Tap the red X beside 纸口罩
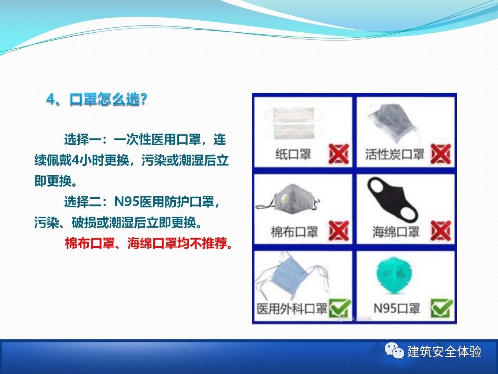pos(338,154)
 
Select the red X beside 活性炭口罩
pos(441,154)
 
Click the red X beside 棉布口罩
pos(338,231)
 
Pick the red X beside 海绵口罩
pos(441,231)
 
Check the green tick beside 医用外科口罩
pos(340,308)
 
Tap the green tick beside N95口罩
pos(442,308)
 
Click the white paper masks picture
pos(294,123)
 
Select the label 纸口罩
pos(293,154)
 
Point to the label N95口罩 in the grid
pos(396,308)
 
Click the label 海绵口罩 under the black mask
pos(396,232)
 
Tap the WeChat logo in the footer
pos(394,351)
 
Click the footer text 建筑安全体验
pos(444,351)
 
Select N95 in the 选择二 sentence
pos(126,201)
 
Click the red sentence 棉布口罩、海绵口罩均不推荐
pos(149,243)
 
